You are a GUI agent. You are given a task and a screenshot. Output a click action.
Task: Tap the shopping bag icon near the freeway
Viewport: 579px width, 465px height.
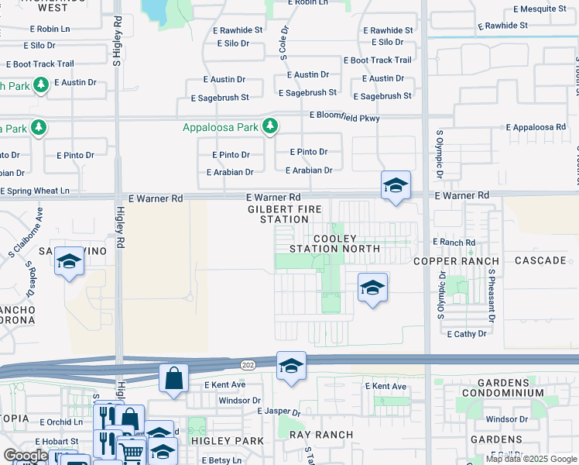174,379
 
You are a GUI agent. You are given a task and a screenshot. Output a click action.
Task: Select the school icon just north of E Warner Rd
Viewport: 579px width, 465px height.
396,186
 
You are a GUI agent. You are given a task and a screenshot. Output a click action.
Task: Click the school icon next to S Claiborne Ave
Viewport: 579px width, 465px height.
69,262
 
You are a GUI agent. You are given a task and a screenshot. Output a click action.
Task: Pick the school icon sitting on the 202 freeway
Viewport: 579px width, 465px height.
291,367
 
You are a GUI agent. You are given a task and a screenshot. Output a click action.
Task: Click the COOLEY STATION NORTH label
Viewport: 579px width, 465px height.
334,243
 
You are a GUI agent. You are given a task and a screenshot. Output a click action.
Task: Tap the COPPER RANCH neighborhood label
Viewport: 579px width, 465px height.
457,260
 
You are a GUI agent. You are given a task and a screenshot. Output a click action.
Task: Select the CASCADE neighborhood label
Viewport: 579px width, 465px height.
540,260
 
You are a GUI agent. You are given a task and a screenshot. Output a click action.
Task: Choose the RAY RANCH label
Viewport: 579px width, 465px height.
321,435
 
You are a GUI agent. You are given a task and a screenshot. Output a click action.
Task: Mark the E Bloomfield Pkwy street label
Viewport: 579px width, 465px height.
344,115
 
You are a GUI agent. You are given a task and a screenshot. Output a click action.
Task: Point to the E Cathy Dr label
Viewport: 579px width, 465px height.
467,333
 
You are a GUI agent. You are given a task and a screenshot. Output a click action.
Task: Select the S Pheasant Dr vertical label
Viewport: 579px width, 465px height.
491,297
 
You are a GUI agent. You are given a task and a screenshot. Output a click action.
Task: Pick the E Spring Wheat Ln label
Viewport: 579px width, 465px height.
35,191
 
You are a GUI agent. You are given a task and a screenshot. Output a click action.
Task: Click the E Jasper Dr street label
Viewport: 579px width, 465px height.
278,412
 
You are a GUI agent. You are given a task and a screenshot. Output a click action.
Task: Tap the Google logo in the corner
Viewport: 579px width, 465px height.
26,456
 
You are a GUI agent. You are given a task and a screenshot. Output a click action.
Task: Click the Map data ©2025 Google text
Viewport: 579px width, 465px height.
531,459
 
